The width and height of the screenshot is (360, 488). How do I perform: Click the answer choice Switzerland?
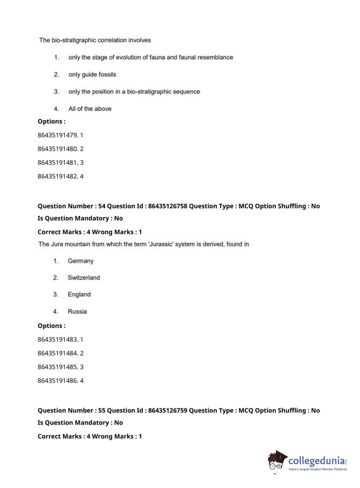tap(84, 277)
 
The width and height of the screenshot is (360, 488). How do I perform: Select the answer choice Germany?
tap(81, 261)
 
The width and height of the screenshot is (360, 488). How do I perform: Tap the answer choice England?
tap(79, 294)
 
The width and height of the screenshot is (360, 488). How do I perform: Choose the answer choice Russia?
tap(77, 311)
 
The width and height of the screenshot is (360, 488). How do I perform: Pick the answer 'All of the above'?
tap(90, 109)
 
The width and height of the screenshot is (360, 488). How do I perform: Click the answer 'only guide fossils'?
tap(92, 74)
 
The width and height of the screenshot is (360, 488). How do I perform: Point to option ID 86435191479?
tap(57, 135)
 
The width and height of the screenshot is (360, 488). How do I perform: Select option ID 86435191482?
tap(57, 176)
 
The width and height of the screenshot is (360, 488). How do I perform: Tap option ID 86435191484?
tap(57, 353)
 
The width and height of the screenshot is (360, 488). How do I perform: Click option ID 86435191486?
tap(57, 380)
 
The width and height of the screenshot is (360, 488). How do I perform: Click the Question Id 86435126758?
tap(168, 206)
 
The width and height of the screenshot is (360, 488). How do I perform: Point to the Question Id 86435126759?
tap(168, 411)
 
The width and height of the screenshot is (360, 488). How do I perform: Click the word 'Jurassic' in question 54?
tap(161, 244)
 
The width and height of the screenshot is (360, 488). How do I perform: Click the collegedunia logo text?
tap(316, 460)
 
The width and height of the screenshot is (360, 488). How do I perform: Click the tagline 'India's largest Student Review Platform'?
tap(318, 469)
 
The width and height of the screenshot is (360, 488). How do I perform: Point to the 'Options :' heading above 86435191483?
tap(51, 326)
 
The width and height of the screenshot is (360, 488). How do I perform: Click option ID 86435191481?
tap(57, 162)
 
